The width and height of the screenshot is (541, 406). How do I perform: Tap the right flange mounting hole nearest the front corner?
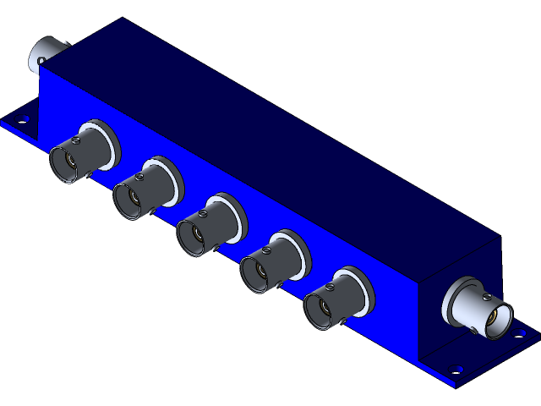456,369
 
